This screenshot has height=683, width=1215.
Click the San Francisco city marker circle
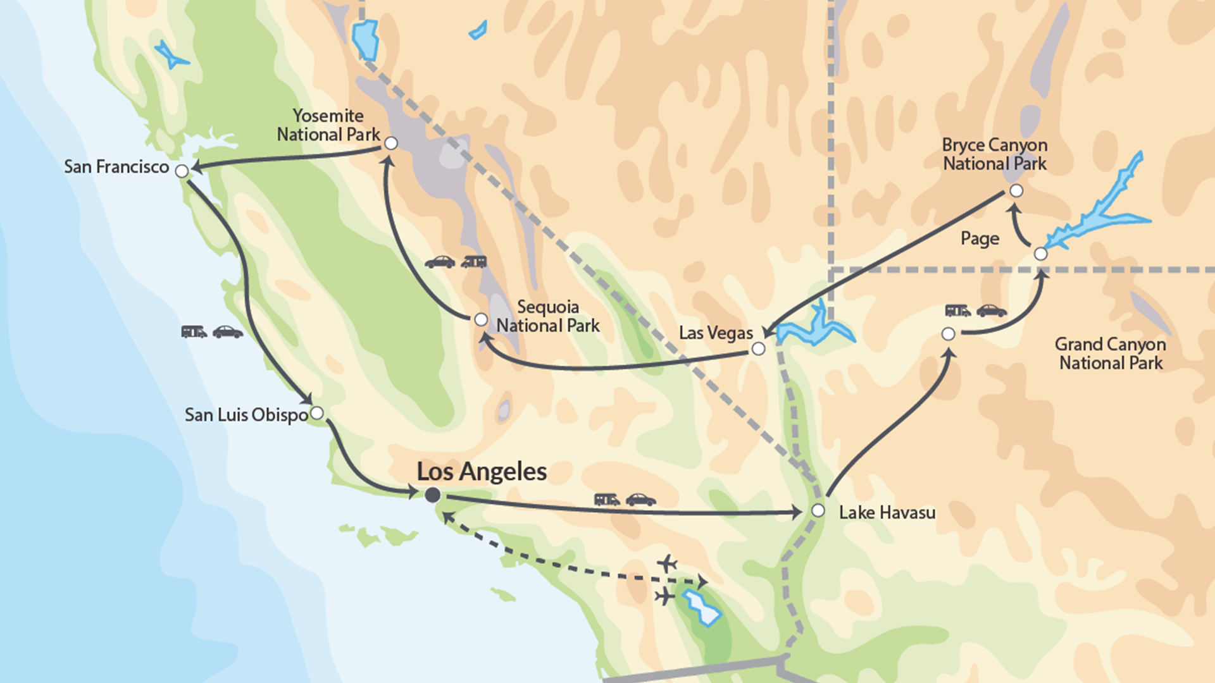tap(182, 171)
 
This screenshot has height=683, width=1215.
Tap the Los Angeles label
tap(482, 472)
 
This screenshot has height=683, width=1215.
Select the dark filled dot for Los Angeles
tap(433, 495)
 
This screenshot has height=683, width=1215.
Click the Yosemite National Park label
tap(328, 125)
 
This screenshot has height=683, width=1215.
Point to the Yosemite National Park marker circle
tap(391, 144)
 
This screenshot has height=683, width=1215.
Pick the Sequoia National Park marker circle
tap(481, 319)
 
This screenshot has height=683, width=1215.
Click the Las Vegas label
tap(716, 333)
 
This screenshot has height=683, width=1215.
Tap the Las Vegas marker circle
tap(758, 348)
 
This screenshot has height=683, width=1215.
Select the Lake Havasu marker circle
tap(818, 510)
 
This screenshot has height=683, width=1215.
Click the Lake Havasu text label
tap(887, 512)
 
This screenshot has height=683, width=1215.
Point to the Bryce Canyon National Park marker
tap(1016, 190)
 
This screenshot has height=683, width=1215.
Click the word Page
tap(980, 238)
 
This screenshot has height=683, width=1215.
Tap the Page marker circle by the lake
tap(1040, 254)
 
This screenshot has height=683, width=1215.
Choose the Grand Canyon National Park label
tap(1111, 354)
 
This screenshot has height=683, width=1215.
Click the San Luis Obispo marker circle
tap(317, 413)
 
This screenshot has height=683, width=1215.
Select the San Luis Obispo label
tap(246, 415)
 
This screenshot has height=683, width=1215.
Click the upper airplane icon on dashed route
tap(667, 563)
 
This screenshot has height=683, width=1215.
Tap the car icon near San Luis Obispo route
tap(228, 332)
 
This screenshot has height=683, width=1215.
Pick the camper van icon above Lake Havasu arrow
tap(606, 500)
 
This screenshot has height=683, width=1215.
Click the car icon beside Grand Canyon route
tap(992, 311)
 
